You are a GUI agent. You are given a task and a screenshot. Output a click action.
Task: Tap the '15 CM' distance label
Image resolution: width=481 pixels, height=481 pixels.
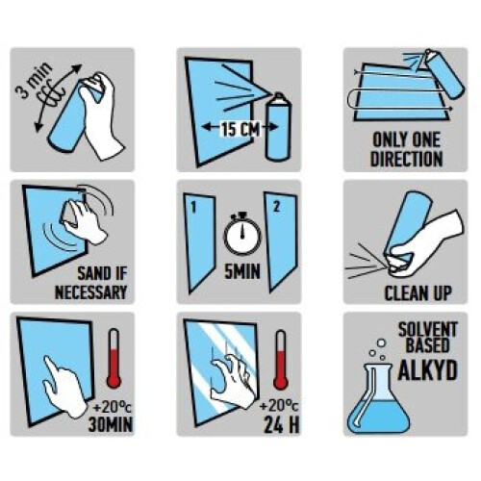coord(241,129)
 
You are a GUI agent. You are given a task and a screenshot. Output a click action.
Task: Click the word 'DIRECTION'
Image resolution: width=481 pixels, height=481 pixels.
coord(406,159)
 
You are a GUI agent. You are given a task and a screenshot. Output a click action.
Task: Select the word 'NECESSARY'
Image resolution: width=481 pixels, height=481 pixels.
coord(91,292)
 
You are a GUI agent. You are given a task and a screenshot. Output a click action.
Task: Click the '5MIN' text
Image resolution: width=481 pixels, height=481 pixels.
coord(242,272)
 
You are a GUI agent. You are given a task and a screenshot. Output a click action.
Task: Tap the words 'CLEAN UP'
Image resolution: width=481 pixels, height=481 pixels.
coord(418,293)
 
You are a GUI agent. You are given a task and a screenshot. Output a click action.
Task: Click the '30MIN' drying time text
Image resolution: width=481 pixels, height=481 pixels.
coord(111,424)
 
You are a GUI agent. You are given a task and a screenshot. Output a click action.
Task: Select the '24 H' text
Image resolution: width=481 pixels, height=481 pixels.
coord(281,424)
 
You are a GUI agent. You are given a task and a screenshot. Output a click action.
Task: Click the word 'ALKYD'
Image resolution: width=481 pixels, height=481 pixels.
coord(427,370)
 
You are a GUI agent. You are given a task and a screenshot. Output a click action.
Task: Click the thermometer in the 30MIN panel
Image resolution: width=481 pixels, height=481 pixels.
coord(114,358)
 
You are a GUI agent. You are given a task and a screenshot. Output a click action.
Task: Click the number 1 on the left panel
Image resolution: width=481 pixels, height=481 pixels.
coord(193,208)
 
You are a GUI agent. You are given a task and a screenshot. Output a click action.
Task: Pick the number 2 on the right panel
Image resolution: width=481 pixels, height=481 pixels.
coord(276,207)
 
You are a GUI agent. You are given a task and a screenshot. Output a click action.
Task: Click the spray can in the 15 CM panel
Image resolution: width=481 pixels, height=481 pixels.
coord(278,126)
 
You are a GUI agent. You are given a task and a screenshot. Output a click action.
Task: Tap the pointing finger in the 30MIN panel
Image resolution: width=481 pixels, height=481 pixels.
coord(64,389)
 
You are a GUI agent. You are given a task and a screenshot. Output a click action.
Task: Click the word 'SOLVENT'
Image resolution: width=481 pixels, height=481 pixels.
coord(427,330)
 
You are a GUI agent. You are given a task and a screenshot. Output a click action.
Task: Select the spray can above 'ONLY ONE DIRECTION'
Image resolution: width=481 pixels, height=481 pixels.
coord(443,73)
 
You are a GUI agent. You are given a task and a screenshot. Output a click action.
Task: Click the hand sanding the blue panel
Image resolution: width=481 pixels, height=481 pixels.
coord(84,222)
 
